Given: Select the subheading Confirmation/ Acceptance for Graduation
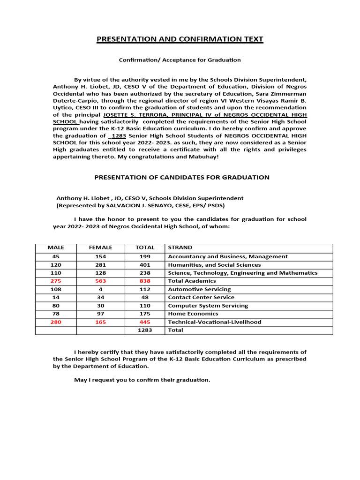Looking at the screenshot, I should tap(180, 60).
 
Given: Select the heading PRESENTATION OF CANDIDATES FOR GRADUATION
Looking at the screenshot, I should tap(182, 177).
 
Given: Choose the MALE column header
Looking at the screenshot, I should tap(56, 247).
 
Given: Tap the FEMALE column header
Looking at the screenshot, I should tap(101, 247).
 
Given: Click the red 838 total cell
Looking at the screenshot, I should tap(145, 281).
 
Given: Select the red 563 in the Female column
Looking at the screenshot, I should tap(101, 281).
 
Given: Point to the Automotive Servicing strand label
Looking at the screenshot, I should tap(199, 289).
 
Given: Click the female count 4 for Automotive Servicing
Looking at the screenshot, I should tap(101, 289).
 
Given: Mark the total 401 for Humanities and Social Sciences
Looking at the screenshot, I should tap(145, 265).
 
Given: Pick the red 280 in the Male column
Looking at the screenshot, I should tap(56, 322).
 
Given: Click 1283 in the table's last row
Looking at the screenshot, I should tap(145, 330).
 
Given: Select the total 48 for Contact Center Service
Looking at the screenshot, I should tap(145, 297).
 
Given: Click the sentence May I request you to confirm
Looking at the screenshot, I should tap(142, 380).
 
